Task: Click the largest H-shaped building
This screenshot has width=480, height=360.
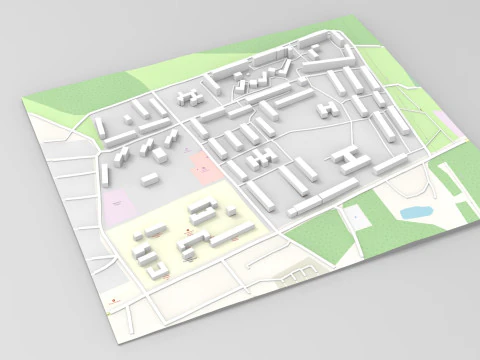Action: point(353,157)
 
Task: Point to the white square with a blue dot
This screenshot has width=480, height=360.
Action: point(357,214)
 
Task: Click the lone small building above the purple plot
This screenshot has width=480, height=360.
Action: point(150,179)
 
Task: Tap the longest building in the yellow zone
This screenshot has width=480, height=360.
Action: point(232,236)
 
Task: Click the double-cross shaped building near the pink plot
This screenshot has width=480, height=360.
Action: point(262,159)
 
